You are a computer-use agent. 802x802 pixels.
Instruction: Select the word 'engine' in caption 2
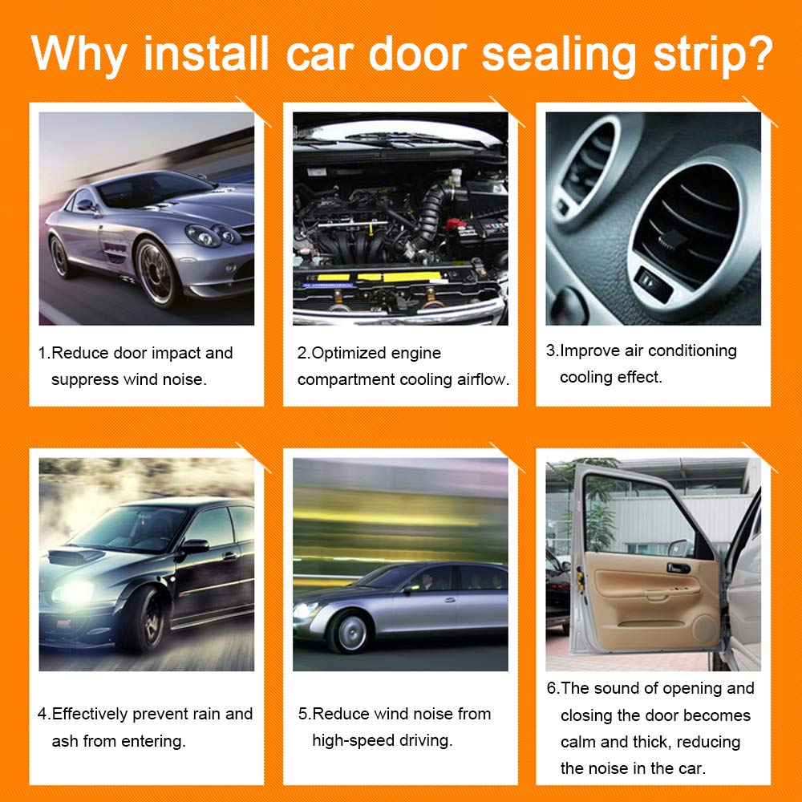[x=415, y=353]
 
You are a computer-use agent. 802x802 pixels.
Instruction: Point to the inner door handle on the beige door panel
[x=678, y=568]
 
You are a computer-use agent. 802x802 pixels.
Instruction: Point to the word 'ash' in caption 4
[x=64, y=740]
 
